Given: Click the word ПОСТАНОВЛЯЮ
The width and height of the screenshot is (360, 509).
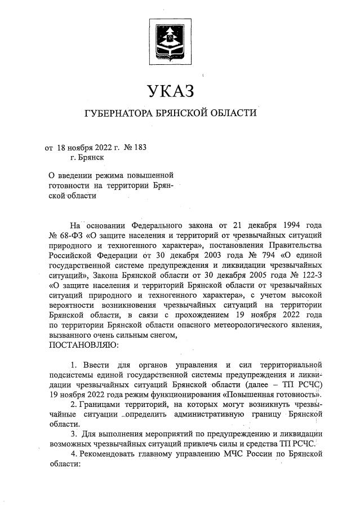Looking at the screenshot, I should pos(83,344).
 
